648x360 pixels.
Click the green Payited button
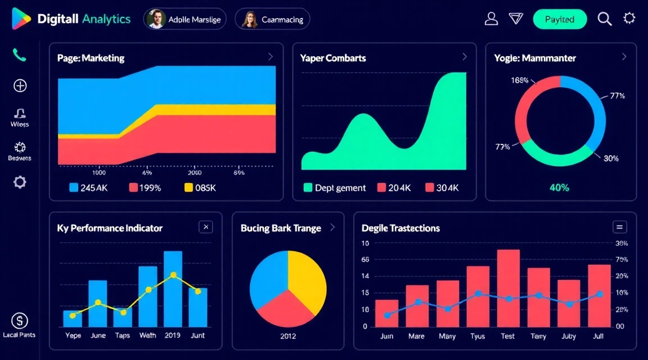pyautogui.click(x=559, y=19)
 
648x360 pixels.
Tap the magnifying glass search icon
pyautogui.click(x=605, y=19)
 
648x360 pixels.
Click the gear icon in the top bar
pyautogui.click(x=629, y=19)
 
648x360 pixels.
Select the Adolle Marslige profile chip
pyautogui.click(x=185, y=19)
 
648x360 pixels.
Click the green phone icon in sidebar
pyautogui.click(x=20, y=55)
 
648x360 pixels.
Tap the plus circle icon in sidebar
pyautogui.click(x=20, y=85)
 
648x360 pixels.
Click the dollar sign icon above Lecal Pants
pyautogui.click(x=20, y=321)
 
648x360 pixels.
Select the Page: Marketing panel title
pyautogui.click(x=91, y=58)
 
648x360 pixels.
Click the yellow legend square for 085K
pyautogui.click(x=189, y=188)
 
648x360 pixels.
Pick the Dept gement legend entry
pyautogui.click(x=335, y=188)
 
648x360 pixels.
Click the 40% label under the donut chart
pyautogui.click(x=559, y=188)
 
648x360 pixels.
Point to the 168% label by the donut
pyautogui.click(x=519, y=80)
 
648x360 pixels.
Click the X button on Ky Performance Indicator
pyautogui.click(x=206, y=227)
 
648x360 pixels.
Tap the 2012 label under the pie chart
pyautogui.click(x=287, y=336)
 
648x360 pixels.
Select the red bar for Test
pyautogui.click(x=508, y=287)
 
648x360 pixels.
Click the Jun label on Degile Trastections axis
pyautogui.click(x=386, y=336)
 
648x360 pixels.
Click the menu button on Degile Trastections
pyautogui.click(x=619, y=227)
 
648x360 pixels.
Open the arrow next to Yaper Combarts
pyautogui.click(x=464, y=57)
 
